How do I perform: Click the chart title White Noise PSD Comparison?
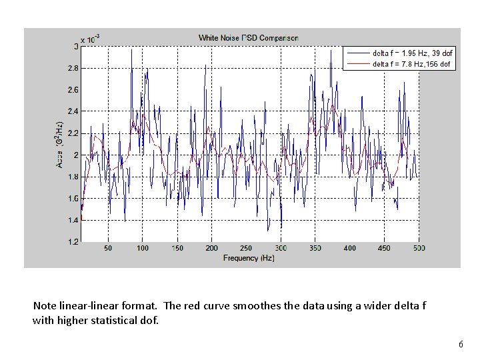248,38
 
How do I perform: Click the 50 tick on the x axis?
108,248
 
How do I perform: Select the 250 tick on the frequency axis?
246,248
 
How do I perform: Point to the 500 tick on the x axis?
419,248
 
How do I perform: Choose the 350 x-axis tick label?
315,248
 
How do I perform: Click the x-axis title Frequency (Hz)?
249,257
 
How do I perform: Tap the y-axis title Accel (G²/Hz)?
59,144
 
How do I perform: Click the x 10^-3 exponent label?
91,39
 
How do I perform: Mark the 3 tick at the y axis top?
75,46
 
